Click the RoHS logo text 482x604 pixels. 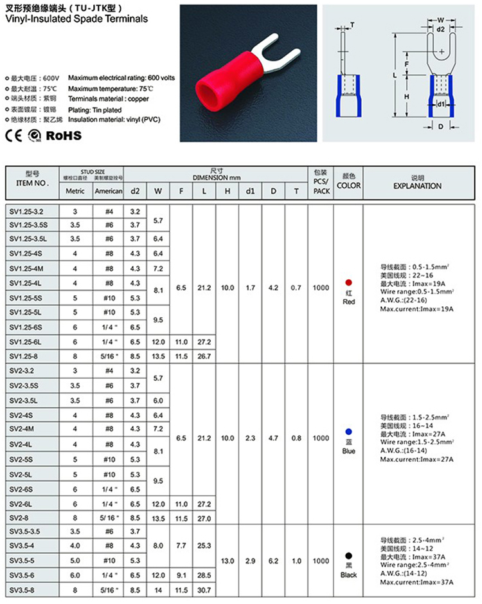coord(65,135)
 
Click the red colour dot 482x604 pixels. coord(348,282)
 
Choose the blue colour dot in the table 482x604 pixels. coord(348,431)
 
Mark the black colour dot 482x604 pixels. coord(348,555)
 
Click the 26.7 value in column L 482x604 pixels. coord(203,356)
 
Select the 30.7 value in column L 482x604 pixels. coord(203,590)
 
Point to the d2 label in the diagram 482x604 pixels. coord(441,30)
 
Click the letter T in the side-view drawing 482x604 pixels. coord(352,24)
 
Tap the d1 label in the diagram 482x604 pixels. coord(441,104)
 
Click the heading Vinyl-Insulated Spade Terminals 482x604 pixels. coord(76,19)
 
